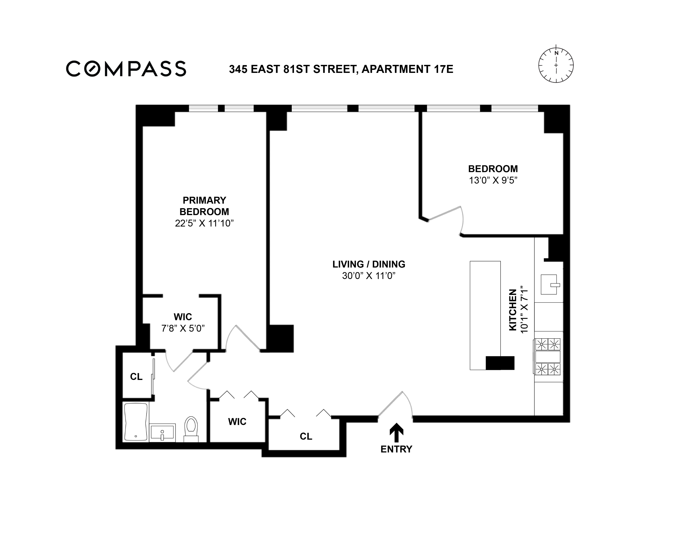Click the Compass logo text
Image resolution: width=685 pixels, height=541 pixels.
pyautogui.click(x=126, y=69)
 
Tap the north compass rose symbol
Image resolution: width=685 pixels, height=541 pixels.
pyautogui.click(x=556, y=66)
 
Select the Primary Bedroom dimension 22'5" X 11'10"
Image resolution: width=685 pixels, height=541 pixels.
pyautogui.click(x=204, y=223)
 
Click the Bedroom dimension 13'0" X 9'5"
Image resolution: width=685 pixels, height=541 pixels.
pyautogui.click(x=493, y=180)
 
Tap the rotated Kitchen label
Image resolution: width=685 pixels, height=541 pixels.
pyautogui.click(x=513, y=310)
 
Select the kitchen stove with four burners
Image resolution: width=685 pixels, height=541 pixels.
pyautogui.click(x=548, y=357)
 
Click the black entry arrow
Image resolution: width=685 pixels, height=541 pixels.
pyautogui.click(x=396, y=433)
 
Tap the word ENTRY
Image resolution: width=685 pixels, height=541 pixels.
pyautogui.click(x=396, y=449)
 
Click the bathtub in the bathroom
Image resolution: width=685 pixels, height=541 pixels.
pyautogui.click(x=136, y=422)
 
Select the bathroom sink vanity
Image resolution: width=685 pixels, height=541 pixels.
pyautogui.click(x=162, y=432)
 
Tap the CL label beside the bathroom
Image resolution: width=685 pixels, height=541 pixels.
pyautogui.click(x=136, y=377)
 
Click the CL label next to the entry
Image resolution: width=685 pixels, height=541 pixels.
pyautogui.click(x=306, y=437)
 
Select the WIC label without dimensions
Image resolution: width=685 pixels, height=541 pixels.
pyautogui.click(x=237, y=422)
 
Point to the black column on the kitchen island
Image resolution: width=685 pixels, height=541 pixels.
pyautogui.click(x=500, y=363)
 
